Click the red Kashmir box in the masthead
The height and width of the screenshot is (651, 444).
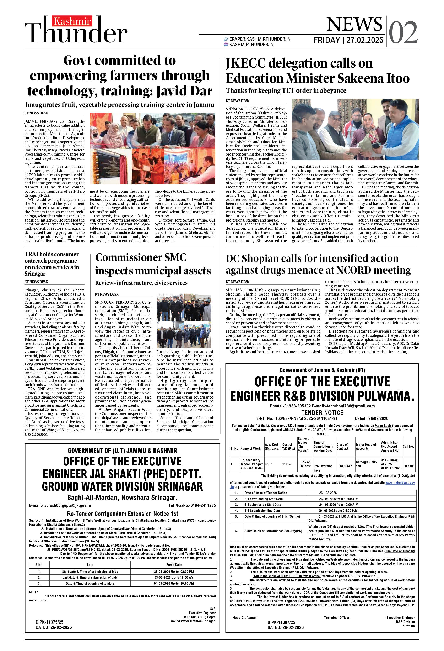pos(72,21)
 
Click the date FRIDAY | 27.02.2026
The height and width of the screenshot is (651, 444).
pos(348,40)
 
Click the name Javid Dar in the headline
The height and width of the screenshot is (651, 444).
pos(184,91)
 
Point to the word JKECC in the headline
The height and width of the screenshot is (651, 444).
pos(245,63)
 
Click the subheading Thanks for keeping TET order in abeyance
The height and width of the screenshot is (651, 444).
pos(286,90)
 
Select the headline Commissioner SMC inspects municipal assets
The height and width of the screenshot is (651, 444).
pos(153,264)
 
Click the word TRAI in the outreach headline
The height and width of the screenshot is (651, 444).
pos(32,254)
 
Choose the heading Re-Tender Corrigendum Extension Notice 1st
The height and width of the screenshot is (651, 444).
pos(123,514)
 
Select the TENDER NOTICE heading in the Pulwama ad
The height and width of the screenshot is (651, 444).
pos(322,412)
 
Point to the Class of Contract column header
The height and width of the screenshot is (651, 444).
pos(342,447)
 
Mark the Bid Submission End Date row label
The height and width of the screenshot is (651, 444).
pos(262,511)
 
